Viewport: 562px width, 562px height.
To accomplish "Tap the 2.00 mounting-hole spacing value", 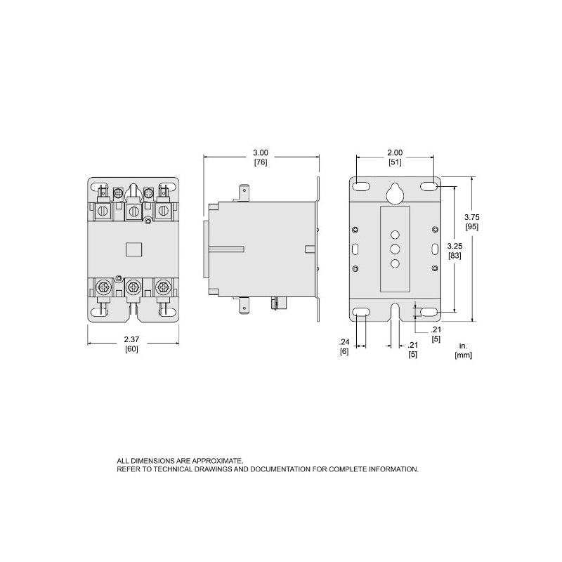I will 395,153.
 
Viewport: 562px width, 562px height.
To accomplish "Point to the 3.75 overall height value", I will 473,217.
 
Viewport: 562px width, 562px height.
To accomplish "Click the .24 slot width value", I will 344,341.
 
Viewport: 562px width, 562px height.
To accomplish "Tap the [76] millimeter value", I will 261,162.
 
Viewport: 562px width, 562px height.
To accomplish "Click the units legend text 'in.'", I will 462,346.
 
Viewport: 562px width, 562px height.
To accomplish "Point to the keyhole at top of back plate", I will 395,191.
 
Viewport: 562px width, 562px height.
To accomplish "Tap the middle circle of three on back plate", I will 395,249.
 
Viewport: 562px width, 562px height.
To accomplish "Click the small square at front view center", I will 133,249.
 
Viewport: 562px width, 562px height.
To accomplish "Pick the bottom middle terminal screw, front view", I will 133,286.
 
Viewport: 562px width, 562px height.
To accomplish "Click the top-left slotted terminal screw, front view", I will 103,211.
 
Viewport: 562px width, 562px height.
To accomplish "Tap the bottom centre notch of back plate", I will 395,313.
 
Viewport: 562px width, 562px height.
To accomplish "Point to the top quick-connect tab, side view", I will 244,192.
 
